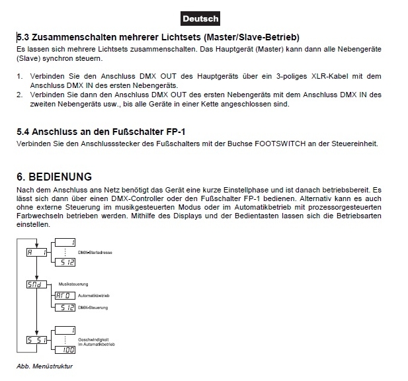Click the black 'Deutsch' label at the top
pos(199,19)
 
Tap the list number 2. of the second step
pos(20,95)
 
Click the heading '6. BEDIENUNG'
pos(54,177)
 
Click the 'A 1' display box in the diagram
pos(36,252)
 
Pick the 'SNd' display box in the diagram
pos(37,284)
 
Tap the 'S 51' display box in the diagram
pos(36,340)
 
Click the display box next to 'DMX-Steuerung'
pos(64,307)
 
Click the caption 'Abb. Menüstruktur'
pos(44,366)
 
